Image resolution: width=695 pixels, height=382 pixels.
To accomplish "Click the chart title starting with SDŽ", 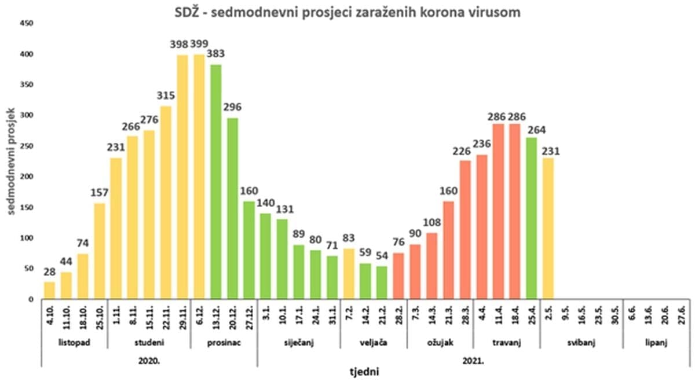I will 348,11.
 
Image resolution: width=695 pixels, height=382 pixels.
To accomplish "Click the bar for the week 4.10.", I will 49,291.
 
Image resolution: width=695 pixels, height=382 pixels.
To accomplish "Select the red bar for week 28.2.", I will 399,276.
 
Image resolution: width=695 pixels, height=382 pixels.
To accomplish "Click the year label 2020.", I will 149,359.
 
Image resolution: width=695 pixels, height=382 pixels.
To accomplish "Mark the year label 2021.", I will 474,359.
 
